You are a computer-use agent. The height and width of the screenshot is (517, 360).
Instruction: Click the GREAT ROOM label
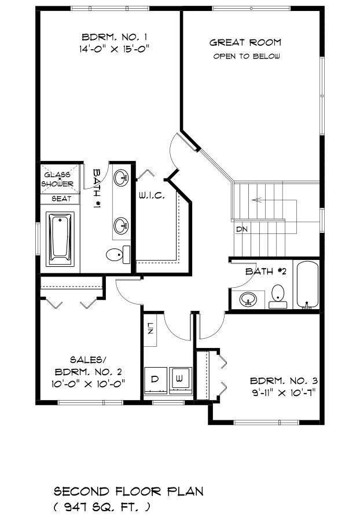click(x=245, y=42)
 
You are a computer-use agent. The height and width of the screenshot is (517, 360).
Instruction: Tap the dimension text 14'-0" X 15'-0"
click(x=114, y=49)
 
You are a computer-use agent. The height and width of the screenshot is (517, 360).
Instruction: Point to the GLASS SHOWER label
click(x=57, y=179)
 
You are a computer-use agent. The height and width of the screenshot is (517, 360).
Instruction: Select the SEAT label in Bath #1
click(x=61, y=199)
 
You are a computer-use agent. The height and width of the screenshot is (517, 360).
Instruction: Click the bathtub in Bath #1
click(x=60, y=239)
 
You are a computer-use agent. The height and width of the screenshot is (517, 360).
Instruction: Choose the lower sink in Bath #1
click(x=122, y=226)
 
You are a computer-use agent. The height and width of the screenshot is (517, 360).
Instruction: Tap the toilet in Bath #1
click(x=118, y=255)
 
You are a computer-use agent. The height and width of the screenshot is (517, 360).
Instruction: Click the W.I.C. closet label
click(x=151, y=196)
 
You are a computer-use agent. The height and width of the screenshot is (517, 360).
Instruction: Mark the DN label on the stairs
click(x=242, y=229)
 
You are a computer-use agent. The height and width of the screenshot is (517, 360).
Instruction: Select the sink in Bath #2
click(x=248, y=299)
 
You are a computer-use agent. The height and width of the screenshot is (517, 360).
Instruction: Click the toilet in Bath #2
click(x=278, y=296)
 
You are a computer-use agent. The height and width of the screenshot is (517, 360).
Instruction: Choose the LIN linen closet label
click(x=150, y=328)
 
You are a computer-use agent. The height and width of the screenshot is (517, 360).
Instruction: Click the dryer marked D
click(x=156, y=380)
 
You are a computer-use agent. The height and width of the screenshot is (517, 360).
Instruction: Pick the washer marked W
click(x=181, y=380)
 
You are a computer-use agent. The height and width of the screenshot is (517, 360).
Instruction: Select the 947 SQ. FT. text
click(x=102, y=507)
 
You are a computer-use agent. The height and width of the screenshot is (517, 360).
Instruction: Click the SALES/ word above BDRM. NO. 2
click(x=89, y=360)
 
